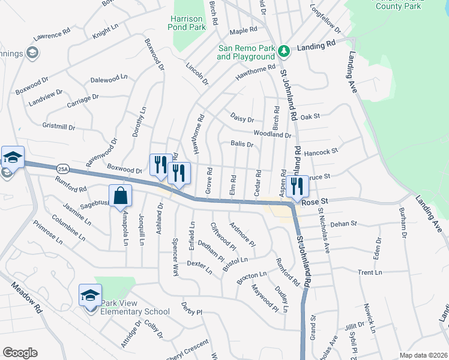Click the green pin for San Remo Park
tap(285, 52)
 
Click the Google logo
tap(20, 353)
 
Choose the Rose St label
tap(316, 202)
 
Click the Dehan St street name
tap(343, 223)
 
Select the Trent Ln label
tap(370, 272)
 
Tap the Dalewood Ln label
tap(109, 78)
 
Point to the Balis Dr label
tap(242, 144)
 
